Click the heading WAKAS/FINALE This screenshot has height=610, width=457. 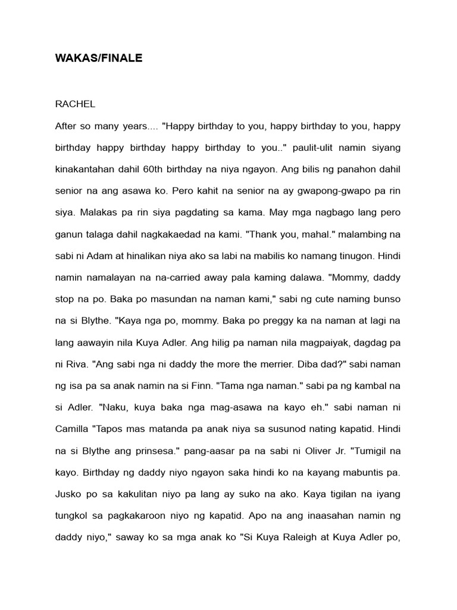tap(99, 59)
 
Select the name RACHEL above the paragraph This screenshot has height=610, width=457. tap(75, 104)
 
